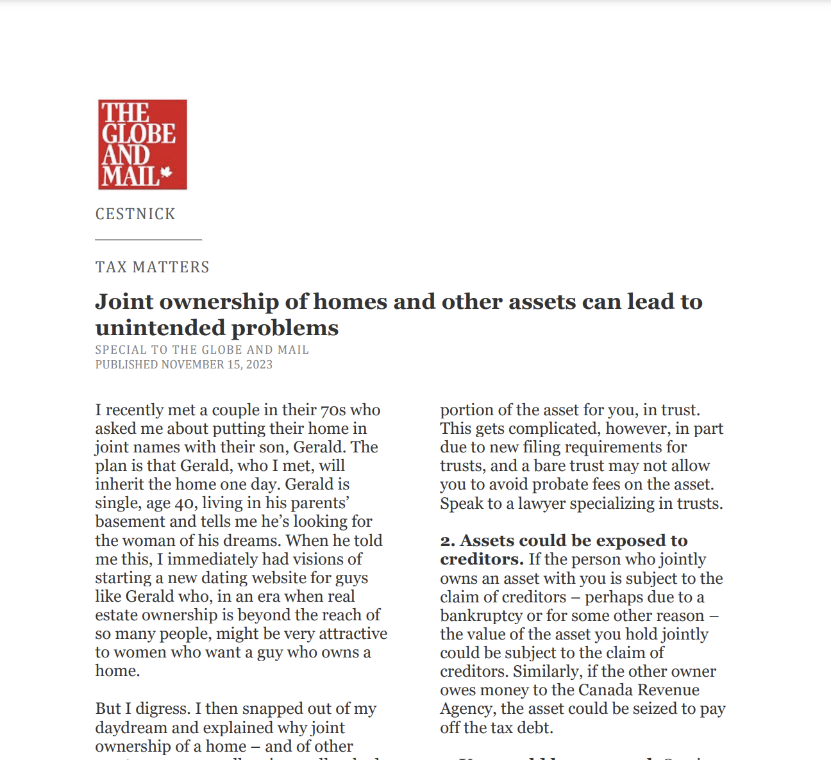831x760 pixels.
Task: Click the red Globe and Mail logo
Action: point(142,144)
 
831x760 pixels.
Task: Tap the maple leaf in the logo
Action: point(167,172)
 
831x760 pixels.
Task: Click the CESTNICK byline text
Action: point(135,214)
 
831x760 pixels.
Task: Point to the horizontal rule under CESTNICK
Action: point(148,240)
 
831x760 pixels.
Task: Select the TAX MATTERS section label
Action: point(153,267)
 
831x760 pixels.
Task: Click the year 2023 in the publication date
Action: point(259,365)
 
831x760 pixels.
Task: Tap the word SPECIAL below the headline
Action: point(120,350)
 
